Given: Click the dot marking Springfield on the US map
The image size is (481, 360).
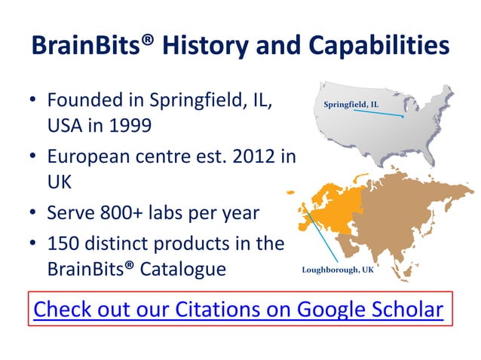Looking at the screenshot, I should (403, 117).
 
